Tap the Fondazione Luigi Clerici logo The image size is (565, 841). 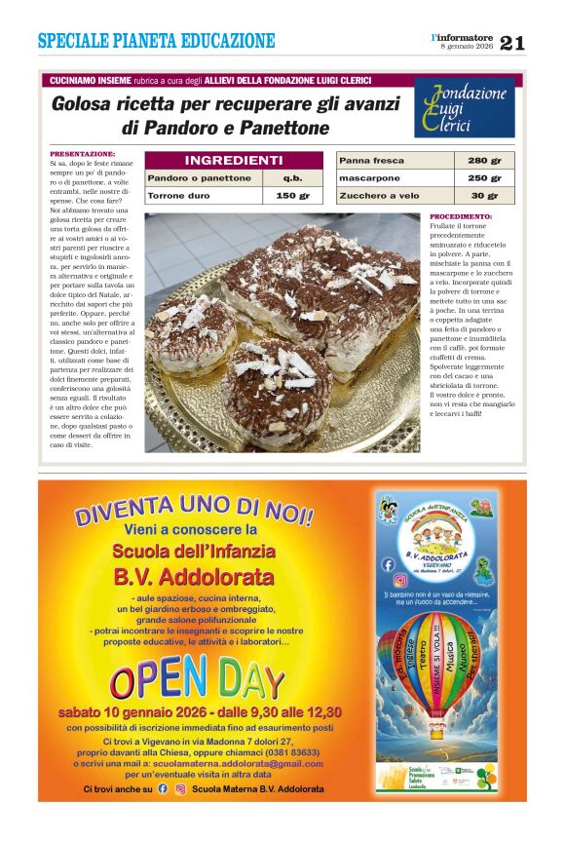pos(464,108)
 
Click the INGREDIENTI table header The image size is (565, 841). pos(233,160)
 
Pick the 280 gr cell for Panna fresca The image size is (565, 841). pos(484,160)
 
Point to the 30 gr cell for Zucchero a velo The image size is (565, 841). pos(484,196)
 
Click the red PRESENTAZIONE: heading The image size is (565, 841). pos(82,154)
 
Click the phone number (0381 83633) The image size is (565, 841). pos(293,751)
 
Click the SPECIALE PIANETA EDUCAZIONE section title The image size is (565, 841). pos(156,41)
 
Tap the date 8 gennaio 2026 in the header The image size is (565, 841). pos(467,47)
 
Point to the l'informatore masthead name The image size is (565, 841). pos(463,36)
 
